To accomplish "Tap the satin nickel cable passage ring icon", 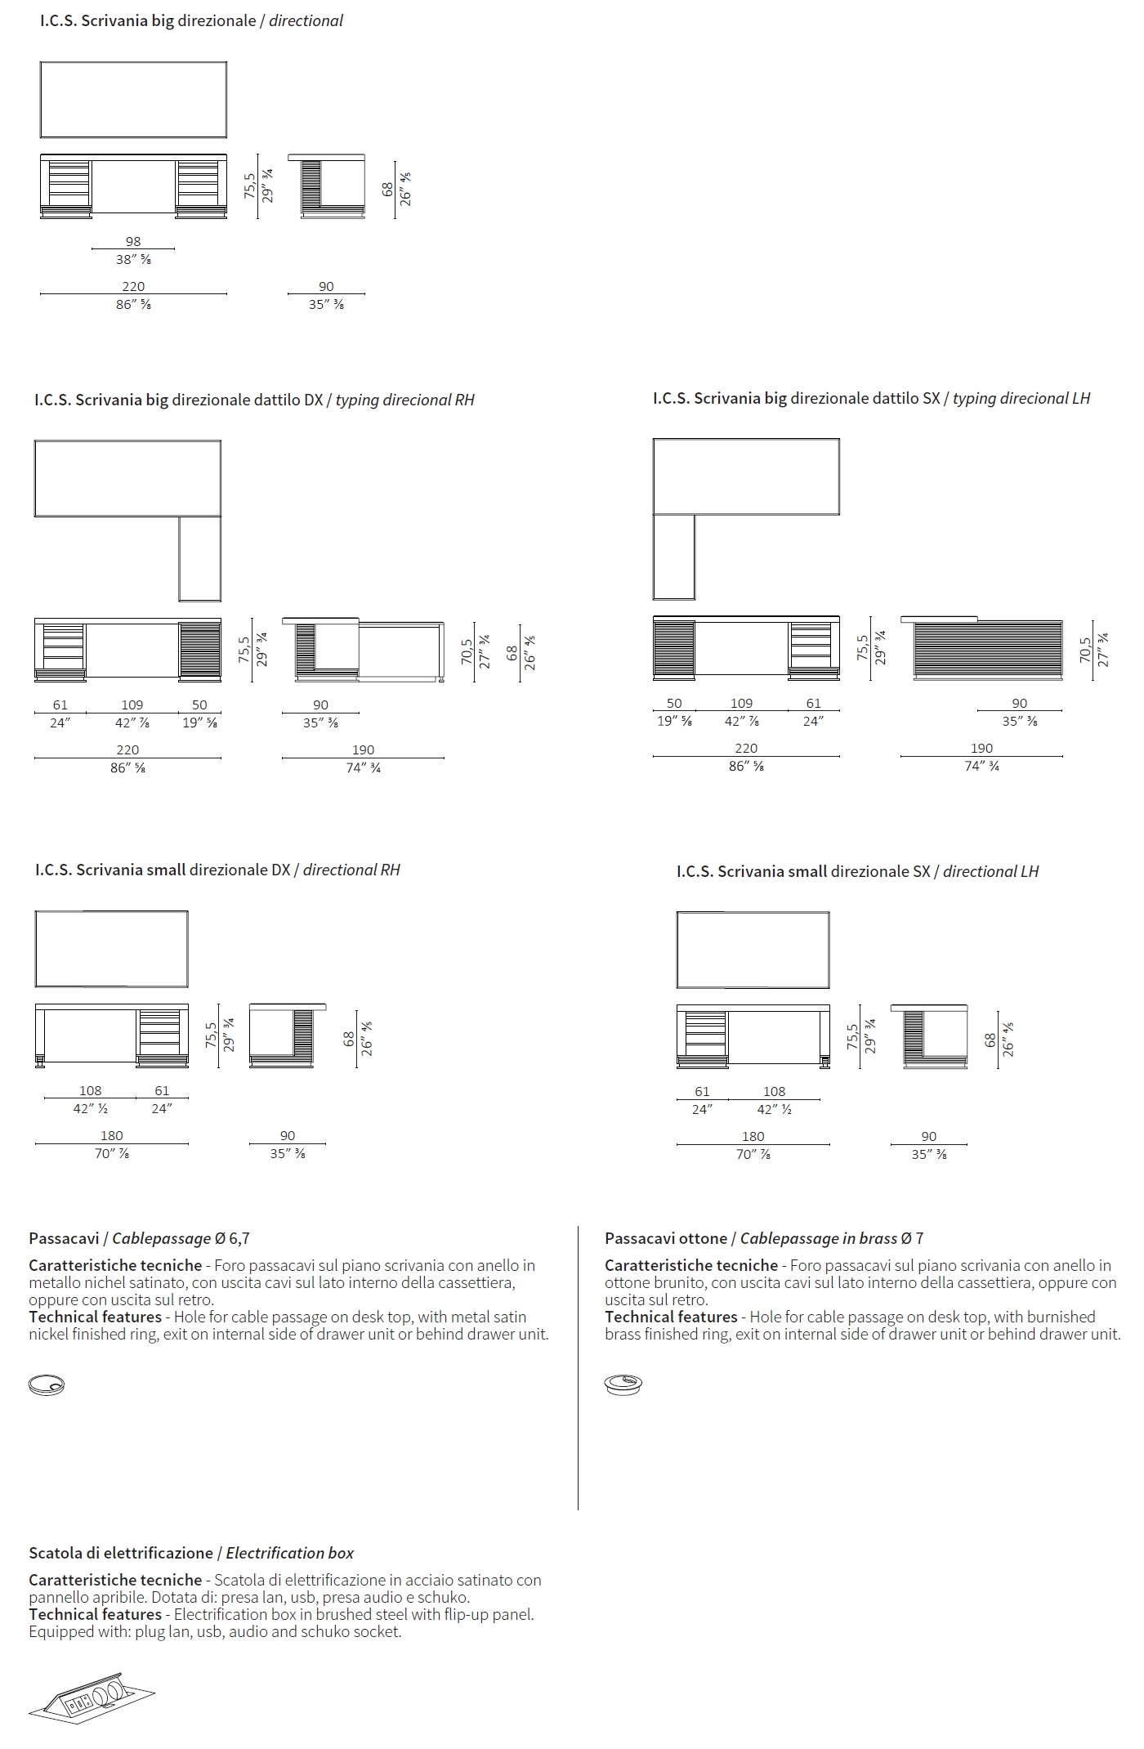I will (x=46, y=1384).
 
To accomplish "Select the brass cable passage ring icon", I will (x=623, y=1384).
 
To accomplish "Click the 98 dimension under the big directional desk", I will (x=133, y=241).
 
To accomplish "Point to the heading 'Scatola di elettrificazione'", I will (x=121, y=1552).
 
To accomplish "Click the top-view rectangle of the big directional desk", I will (x=133, y=100).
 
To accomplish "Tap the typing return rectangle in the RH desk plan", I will (x=200, y=559).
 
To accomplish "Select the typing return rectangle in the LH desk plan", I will (x=674, y=557).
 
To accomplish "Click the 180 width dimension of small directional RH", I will (x=111, y=1135).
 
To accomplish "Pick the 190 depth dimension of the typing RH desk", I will (x=363, y=749).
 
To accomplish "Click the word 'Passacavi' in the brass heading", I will (x=635, y=1238).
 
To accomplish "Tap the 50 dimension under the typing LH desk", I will (x=674, y=703).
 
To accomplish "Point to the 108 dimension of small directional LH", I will (x=774, y=1091).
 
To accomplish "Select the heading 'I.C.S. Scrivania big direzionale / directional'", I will (x=191, y=20).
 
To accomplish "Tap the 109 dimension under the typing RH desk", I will (x=132, y=705).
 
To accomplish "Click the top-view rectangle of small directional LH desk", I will (x=753, y=950).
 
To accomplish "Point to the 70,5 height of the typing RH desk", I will (x=467, y=651).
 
